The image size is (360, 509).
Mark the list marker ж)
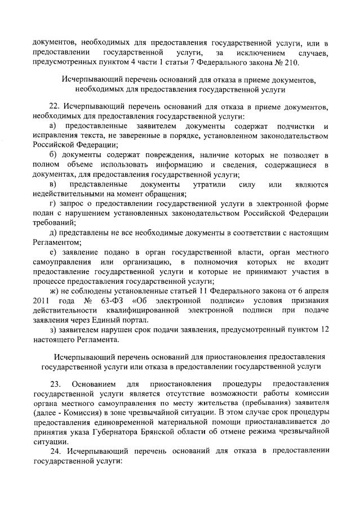click(54, 291)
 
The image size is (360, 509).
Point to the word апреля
click(315, 291)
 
